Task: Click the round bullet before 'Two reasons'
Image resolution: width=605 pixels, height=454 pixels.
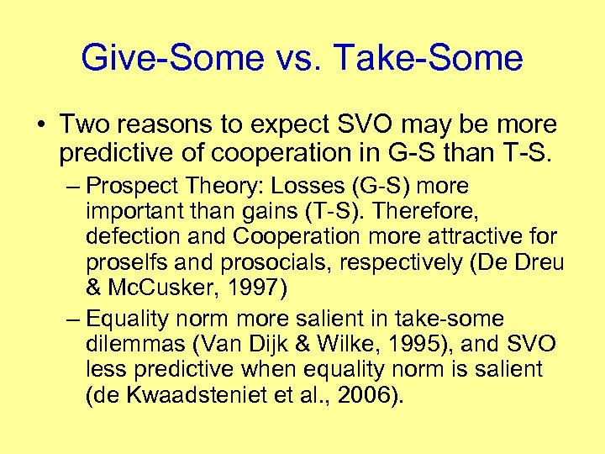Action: pyautogui.click(x=41, y=125)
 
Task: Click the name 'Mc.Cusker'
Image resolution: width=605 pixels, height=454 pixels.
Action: pyautogui.click(x=160, y=288)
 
